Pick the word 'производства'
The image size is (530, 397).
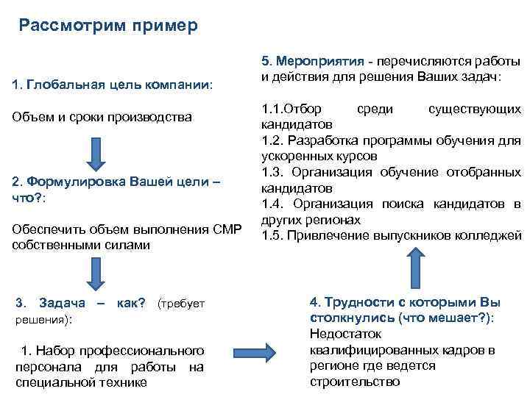155,118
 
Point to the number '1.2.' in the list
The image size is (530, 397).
274,140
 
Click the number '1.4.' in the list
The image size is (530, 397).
274,204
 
